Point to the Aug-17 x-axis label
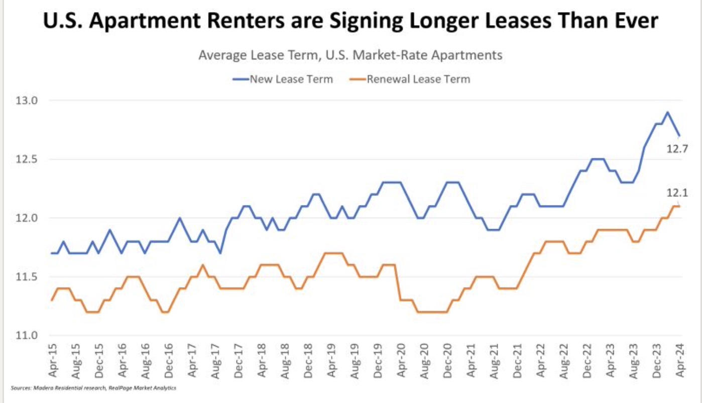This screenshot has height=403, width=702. tap(215, 361)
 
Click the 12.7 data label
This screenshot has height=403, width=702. tap(676, 149)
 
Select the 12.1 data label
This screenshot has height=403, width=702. tap(676, 193)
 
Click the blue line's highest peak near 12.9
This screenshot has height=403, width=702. tap(667, 112)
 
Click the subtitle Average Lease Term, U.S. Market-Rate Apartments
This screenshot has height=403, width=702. tap(350, 55)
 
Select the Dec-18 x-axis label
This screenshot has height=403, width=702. tap(309, 361)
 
